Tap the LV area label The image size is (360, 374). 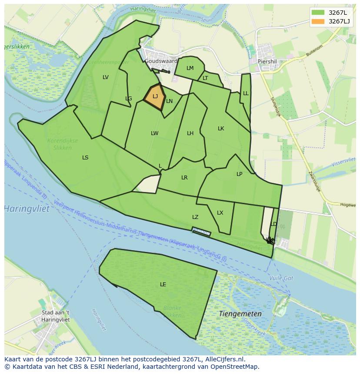pos(106,77)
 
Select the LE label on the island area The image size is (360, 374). pos(163,285)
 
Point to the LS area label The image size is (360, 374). pos(85,158)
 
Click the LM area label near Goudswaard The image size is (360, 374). pos(190,68)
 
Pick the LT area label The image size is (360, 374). pos(205,78)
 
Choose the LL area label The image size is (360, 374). pos(246,93)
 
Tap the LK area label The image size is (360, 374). pos(221,129)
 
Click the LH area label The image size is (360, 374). pos(190,133)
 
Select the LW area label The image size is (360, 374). pos(154,133)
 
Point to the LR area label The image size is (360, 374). pos(184,178)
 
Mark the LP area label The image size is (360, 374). pos(239,174)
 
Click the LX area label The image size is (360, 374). pos(220,213)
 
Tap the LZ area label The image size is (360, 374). pos(195,217)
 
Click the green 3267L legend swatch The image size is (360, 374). pos(318,13)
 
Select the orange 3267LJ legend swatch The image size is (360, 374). pos(318,21)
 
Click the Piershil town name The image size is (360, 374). pos(267,62)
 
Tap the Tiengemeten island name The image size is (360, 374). pos(240,314)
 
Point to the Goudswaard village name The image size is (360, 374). pos(161,61)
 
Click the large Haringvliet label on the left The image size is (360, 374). pos(27,209)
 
